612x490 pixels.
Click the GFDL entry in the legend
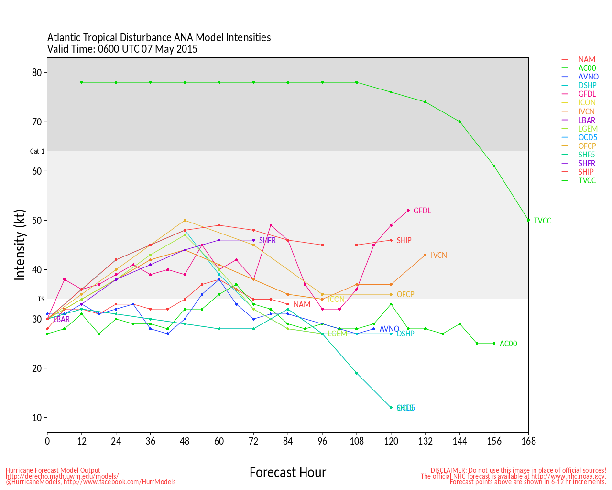[587, 94]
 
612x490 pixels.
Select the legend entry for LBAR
[587, 120]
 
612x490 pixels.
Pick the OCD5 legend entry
[588, 137]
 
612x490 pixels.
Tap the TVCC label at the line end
[542, 221]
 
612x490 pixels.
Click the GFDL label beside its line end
[422, 211]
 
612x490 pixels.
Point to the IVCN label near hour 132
[438, 255]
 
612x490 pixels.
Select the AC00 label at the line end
[508, 344]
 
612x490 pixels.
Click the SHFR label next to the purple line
[267, 240]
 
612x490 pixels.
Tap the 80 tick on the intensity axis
[37, 73]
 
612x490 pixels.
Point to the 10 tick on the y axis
[37, 418]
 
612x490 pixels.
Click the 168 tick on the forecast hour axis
[528, 441]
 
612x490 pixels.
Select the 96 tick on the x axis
[322, 441]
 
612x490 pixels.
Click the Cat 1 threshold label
[37, 151]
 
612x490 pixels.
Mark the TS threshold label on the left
[41, 299]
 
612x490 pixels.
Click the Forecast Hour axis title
[287, 473]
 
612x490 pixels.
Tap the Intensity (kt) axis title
[20, 245]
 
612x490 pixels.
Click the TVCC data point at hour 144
[460, 122]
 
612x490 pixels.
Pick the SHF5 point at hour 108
[357, 373]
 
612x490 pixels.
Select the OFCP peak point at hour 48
[185, 221]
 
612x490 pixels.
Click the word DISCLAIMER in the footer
[448, 470]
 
